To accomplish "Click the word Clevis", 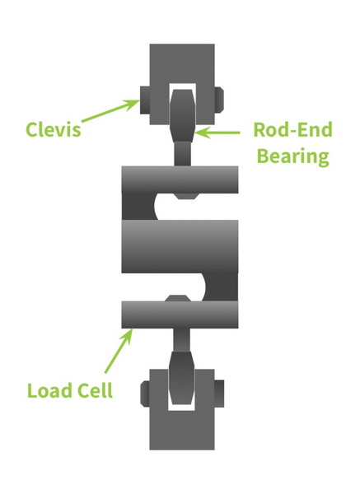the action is [x=53, y=129].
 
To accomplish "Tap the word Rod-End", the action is [x=292, y=129].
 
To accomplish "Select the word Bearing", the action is [x=293, y=156].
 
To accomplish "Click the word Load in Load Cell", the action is [x=49, y=390].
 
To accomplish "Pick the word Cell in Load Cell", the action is [x=95, y=390].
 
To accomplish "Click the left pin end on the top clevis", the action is [x=145, y=100].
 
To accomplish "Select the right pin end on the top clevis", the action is [x=219, y=100].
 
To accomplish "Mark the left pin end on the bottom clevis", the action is [x=145, y=394].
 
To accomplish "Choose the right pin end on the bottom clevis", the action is [x=219, y=394].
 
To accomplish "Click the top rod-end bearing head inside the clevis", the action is [x=183, y=115].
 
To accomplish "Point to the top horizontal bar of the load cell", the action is [x=180, y=179].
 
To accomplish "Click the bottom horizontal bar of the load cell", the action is [x=180, y=315].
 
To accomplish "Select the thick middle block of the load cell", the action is [x=180, y=246].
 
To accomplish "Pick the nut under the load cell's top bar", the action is [x=186, y=196].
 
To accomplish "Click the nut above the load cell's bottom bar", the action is [x=178, y=298].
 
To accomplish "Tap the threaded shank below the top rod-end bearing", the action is [x=183, y=154].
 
